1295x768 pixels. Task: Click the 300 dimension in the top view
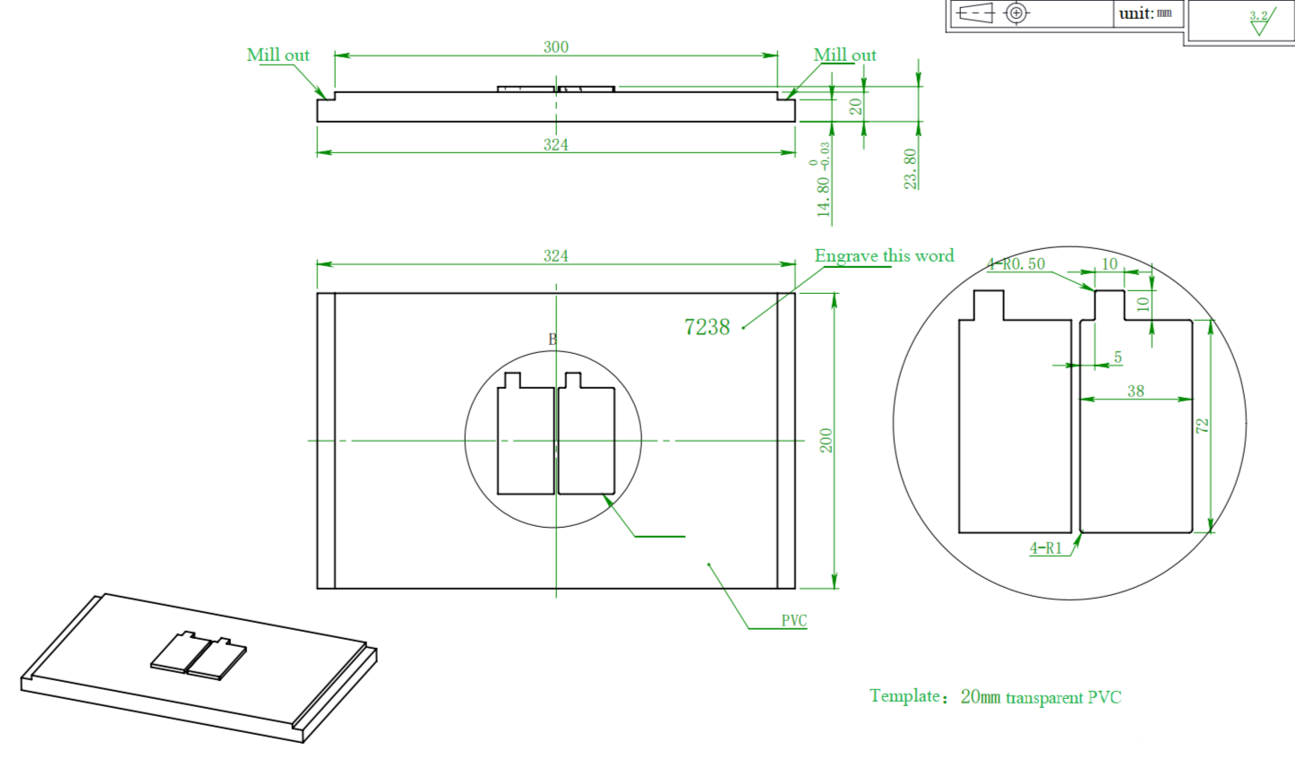(555, 47)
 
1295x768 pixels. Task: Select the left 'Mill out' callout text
(278, 55)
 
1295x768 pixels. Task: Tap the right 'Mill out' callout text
(845, 55)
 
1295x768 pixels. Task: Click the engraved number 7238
(707, 327)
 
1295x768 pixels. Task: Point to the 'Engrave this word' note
(884, 255)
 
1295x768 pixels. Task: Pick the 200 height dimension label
(826, 440)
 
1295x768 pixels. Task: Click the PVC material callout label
(793, 620)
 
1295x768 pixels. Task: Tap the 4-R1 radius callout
(1045, 548)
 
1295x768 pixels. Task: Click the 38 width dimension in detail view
(1136, 391)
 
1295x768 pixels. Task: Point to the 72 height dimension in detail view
(1203, 426)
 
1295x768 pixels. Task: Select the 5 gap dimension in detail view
(1118, 358)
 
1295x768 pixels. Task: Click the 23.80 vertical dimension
(911, 168)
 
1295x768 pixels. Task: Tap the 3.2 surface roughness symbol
(1259, 21)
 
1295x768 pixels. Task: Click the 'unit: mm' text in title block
(1145, 13)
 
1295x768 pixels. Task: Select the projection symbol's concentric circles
(1016, 13)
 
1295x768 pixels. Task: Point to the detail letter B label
(553, 339)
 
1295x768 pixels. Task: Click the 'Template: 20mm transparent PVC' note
(995, 696)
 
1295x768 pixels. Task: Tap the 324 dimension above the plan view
(555, 255)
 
